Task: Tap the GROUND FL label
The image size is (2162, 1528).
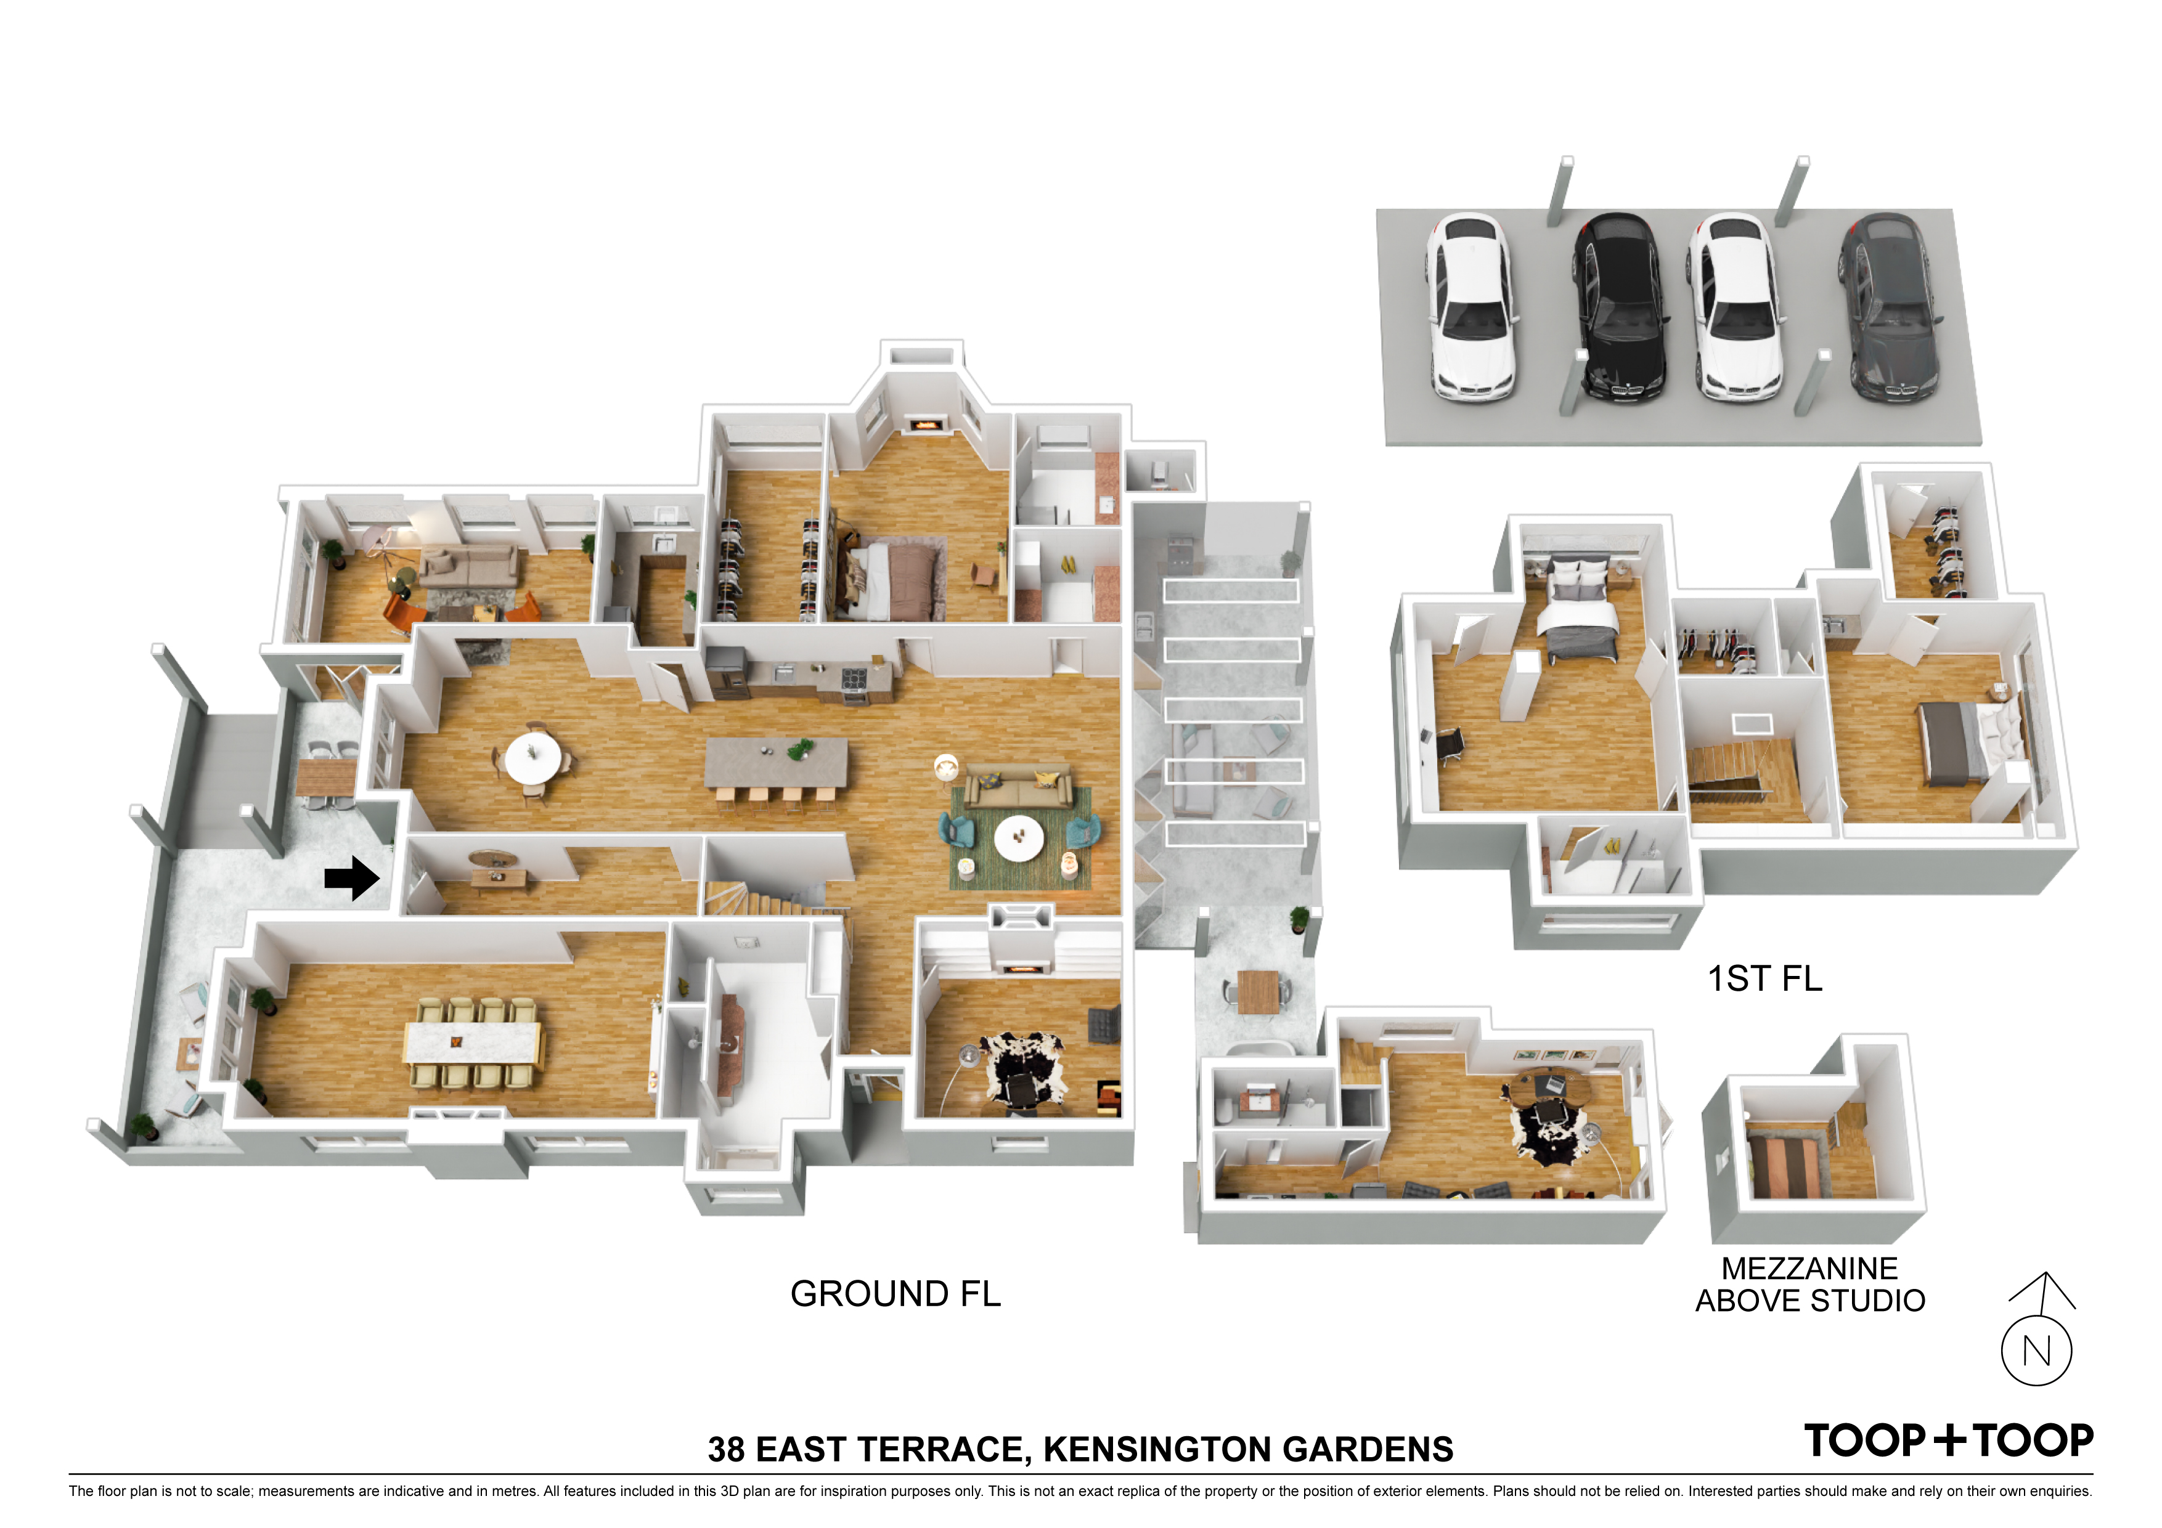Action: click(x=895, y=1294)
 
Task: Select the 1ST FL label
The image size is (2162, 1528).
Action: click(x=1764, y=978)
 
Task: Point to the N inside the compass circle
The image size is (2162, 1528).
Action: click(x=2037, y=1351)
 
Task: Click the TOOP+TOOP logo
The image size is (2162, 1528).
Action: click(x=1948, y=1441)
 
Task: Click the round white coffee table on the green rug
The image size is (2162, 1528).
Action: click(x=1019, y=837)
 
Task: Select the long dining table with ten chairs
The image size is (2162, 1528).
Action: click(x=474, y=1042)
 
